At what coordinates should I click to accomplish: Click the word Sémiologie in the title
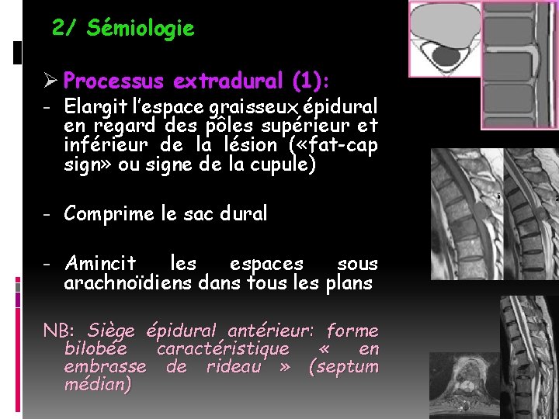pyautogui.click(x=141, y=29)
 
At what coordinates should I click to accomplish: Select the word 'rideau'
pyautogui.click(x=233, y=366)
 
